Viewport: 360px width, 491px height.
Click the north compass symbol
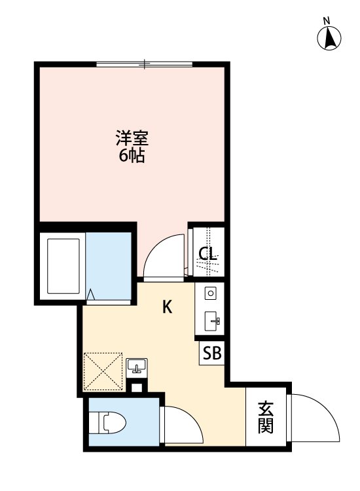(331, 39)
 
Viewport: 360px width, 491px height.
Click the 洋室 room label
(132, 139)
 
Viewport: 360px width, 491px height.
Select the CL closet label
(208, 254)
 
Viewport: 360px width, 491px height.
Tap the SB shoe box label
(211, 354)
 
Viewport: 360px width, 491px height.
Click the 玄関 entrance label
(265, 418)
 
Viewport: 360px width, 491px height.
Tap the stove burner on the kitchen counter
(211, 293)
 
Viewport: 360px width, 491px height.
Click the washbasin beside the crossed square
(137, 365)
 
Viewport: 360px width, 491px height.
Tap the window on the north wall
(144, 64)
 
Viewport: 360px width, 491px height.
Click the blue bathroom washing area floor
(108, 262)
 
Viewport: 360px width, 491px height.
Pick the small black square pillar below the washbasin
(137, 387)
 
